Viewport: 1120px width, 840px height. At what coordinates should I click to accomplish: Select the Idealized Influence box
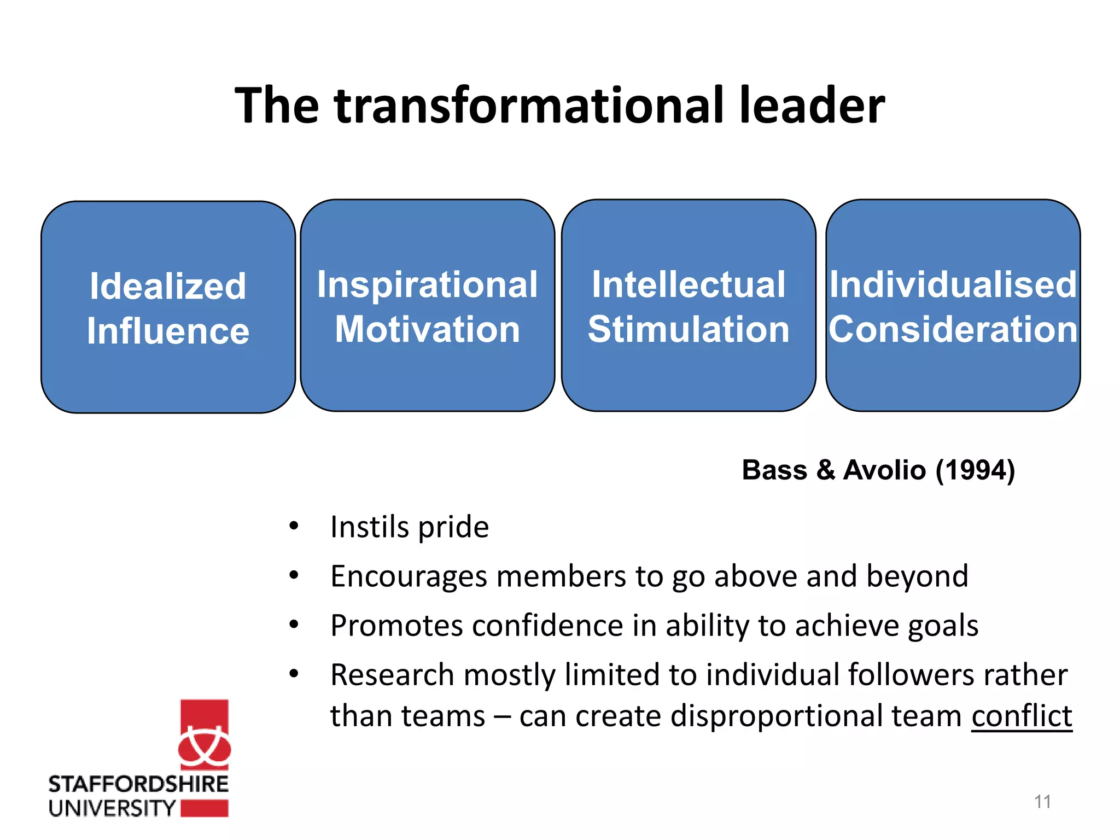click(x=168, y=307)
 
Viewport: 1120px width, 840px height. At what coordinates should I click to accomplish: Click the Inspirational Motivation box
click(x=427, y=306)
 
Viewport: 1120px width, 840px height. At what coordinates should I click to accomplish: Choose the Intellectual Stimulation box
click(x=689, y=306)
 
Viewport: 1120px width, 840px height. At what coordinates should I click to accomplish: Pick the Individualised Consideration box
click(x=953, y=306)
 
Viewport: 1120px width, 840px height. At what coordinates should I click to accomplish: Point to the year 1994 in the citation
click(x=975, y=470)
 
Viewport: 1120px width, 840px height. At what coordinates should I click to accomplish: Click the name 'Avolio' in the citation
click(x=884, y=470)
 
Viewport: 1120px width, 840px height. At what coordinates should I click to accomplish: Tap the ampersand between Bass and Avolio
click(x=825, y=470)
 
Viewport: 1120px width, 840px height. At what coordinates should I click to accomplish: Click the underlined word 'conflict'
click(x=1022, y=716)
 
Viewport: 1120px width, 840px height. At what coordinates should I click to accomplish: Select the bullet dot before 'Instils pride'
click(x=294, y=526)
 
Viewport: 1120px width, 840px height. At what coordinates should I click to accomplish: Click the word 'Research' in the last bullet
click(x=392, y=675)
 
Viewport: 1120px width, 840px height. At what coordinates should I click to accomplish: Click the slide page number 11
click(x=1042, y=802)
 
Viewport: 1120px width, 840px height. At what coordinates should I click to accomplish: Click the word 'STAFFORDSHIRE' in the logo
click(x=138, y=784)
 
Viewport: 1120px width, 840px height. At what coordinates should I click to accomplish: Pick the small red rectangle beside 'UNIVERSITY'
click(x=204, y=808)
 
